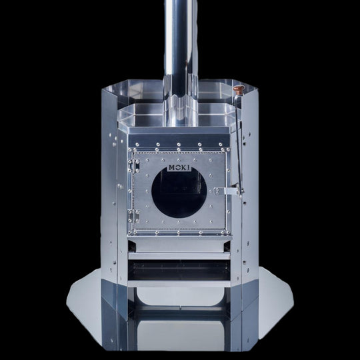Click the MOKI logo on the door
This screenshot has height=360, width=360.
[x=179, y=168]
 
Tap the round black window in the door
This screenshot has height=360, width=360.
[x=179, y=193]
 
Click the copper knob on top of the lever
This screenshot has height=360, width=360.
[x=239, y=89]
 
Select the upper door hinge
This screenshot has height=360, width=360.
[x=133, y=166]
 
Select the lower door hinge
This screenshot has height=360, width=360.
[x=133, y=216]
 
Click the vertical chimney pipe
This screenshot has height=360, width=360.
[x=181, y=46]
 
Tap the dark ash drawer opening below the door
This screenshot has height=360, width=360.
[x=179, y=270]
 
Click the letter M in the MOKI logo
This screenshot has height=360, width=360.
[x=172, y=168]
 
